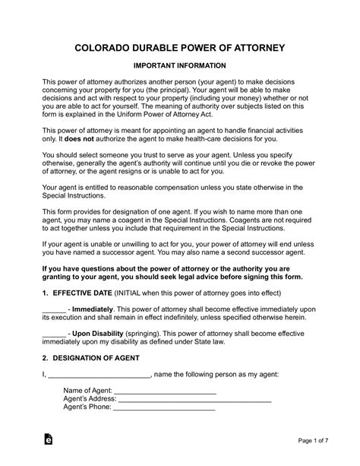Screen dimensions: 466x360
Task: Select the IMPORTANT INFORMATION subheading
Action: [x=180, y=67]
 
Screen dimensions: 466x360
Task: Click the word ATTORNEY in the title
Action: [x=254, y=48]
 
